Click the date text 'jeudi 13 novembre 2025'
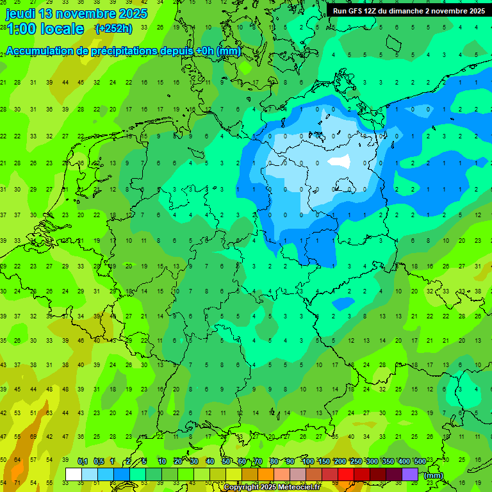tap(76, 13)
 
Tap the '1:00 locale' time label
tap(45, 29)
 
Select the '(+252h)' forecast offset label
tap(113, 29)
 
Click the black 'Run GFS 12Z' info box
tap(408, 11)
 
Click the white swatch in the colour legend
tap(74, 475)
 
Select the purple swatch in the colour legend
tap(410, 475)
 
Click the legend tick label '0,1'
tap(83, 461)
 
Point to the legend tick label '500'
tap(420, 461)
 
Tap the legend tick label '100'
tap(307, 461)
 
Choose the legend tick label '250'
tap(356, 461)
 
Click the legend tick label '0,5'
tap(99, 461)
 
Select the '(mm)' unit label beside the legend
tap(434, 475)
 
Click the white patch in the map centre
tap(340, 161)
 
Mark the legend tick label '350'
tap(388, 461)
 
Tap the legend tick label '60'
tap(242, 461)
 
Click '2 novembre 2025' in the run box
tap(455, 11)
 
